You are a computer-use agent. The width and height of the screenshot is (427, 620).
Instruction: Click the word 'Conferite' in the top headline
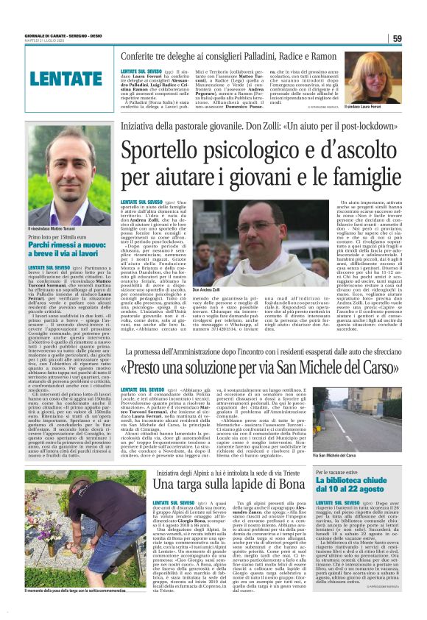coord(147,55)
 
